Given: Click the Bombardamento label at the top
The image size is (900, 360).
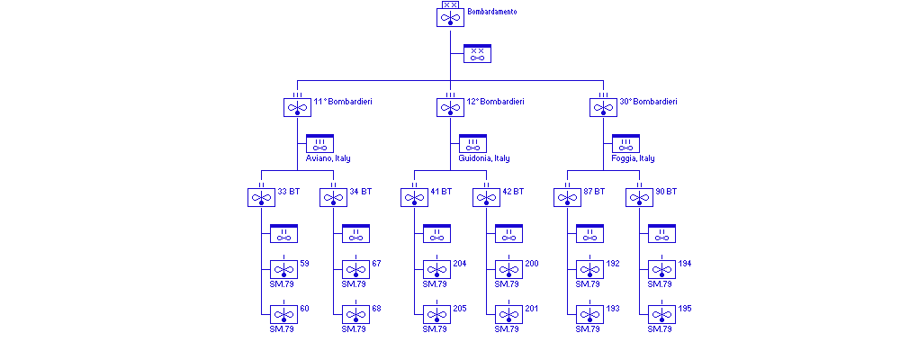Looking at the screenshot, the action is tap(492, 12).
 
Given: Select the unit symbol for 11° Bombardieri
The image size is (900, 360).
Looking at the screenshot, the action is tap(297, 107).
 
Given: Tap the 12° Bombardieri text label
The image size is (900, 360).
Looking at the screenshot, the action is tap(495, 102).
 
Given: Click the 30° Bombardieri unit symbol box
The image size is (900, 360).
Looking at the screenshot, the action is tap(603, 107).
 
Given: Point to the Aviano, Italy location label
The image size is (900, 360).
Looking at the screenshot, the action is tap(328, 158).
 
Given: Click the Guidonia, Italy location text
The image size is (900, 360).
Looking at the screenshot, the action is tap(484, 158).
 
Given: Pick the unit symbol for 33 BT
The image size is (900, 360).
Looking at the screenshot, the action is tap(261, 197).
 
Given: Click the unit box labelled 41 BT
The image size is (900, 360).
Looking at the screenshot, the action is tap(414, 197).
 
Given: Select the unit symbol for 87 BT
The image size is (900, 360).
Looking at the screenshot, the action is tap(568, 197).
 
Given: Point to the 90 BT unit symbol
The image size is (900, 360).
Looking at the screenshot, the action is tap(639, 197).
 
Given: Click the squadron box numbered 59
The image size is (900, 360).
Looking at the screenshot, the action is tap(283, 269).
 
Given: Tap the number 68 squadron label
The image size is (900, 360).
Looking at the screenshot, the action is tap(376, 309).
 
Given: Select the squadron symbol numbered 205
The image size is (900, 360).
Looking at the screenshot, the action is tap(436, 314).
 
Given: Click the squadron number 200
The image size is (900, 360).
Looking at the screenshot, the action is tap(532, 264).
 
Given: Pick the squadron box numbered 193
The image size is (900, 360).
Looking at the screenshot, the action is tap(590, 314).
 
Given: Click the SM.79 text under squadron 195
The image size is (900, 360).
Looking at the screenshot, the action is tap(660, 329).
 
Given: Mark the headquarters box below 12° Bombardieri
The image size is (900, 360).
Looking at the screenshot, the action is tap(473, 143).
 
